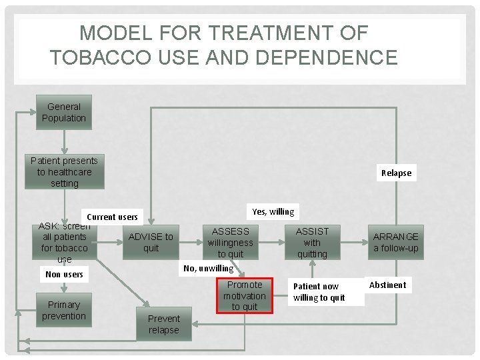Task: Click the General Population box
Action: (x=64, y=113)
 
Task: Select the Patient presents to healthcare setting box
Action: (x=64, y=172)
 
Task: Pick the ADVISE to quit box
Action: (x=151, y=242)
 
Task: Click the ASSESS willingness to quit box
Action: (x=231, y=242)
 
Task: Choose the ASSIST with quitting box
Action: (x=312, y=242)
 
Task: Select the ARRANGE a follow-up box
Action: (x=396, y=242)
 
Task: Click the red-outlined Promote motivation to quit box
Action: (x=245, y=295)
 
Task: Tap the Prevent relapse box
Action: (x=164, y=324)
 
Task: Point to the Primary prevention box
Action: (x=64, y=310)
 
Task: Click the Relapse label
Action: (x=396, y=173)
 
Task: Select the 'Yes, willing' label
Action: (x=273, y=212)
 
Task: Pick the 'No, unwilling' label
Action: (x=209, y=268)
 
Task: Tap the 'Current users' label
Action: (x=112, y=217)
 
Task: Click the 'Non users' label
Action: (x=64, y=274)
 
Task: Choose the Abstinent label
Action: (x=387, y=285)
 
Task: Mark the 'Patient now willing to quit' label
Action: (x=319, y=292)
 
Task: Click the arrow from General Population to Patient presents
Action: (x=64, y=141)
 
